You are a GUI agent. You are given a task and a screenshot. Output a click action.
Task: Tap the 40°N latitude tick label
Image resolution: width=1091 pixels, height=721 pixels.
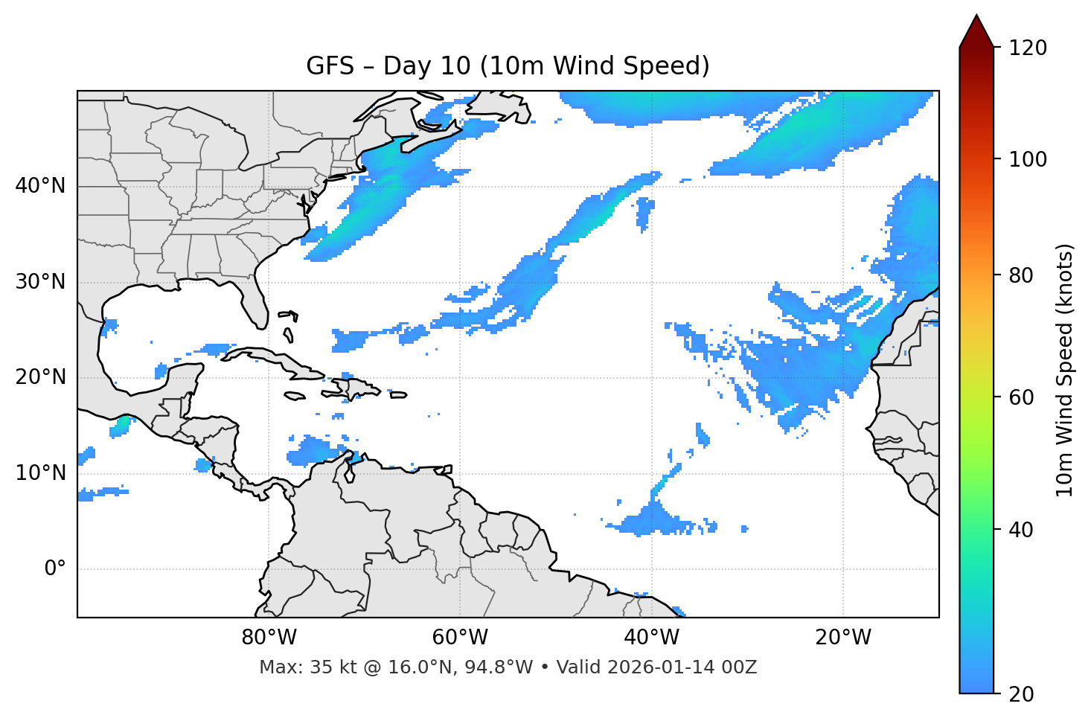point(40,186)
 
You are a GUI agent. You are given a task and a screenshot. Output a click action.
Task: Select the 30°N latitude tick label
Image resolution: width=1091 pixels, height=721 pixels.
point(40,282)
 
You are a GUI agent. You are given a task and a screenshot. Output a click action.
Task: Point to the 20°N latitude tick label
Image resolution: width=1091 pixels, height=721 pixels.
point(40,377)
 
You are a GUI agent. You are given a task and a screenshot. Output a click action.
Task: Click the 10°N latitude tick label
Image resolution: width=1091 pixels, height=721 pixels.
point(40,473)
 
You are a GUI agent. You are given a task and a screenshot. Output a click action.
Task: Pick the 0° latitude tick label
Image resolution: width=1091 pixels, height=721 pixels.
point(55,569)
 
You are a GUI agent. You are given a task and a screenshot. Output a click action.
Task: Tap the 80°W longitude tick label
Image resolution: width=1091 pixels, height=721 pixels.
point(269,638)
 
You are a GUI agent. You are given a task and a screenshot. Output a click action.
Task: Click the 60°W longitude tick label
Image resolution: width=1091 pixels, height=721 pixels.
point(460,638)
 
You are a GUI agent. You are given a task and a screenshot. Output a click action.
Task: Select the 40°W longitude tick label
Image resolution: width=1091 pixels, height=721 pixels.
point(652,638)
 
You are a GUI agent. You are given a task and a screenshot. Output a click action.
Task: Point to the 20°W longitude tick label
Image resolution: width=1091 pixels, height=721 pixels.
point(843,638)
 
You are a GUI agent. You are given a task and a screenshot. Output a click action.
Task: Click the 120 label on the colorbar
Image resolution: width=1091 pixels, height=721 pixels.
point(1028,48)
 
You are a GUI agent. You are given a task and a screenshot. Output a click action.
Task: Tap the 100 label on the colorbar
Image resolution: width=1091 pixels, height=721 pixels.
point(1028,159)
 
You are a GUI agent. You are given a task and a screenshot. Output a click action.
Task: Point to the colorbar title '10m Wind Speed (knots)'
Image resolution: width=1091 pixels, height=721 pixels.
point(1065,370)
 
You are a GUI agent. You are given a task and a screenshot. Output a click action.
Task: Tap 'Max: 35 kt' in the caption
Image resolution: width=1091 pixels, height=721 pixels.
point(293,667)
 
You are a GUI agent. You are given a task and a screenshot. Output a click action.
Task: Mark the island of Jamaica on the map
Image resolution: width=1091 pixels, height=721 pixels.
point(295,396)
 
